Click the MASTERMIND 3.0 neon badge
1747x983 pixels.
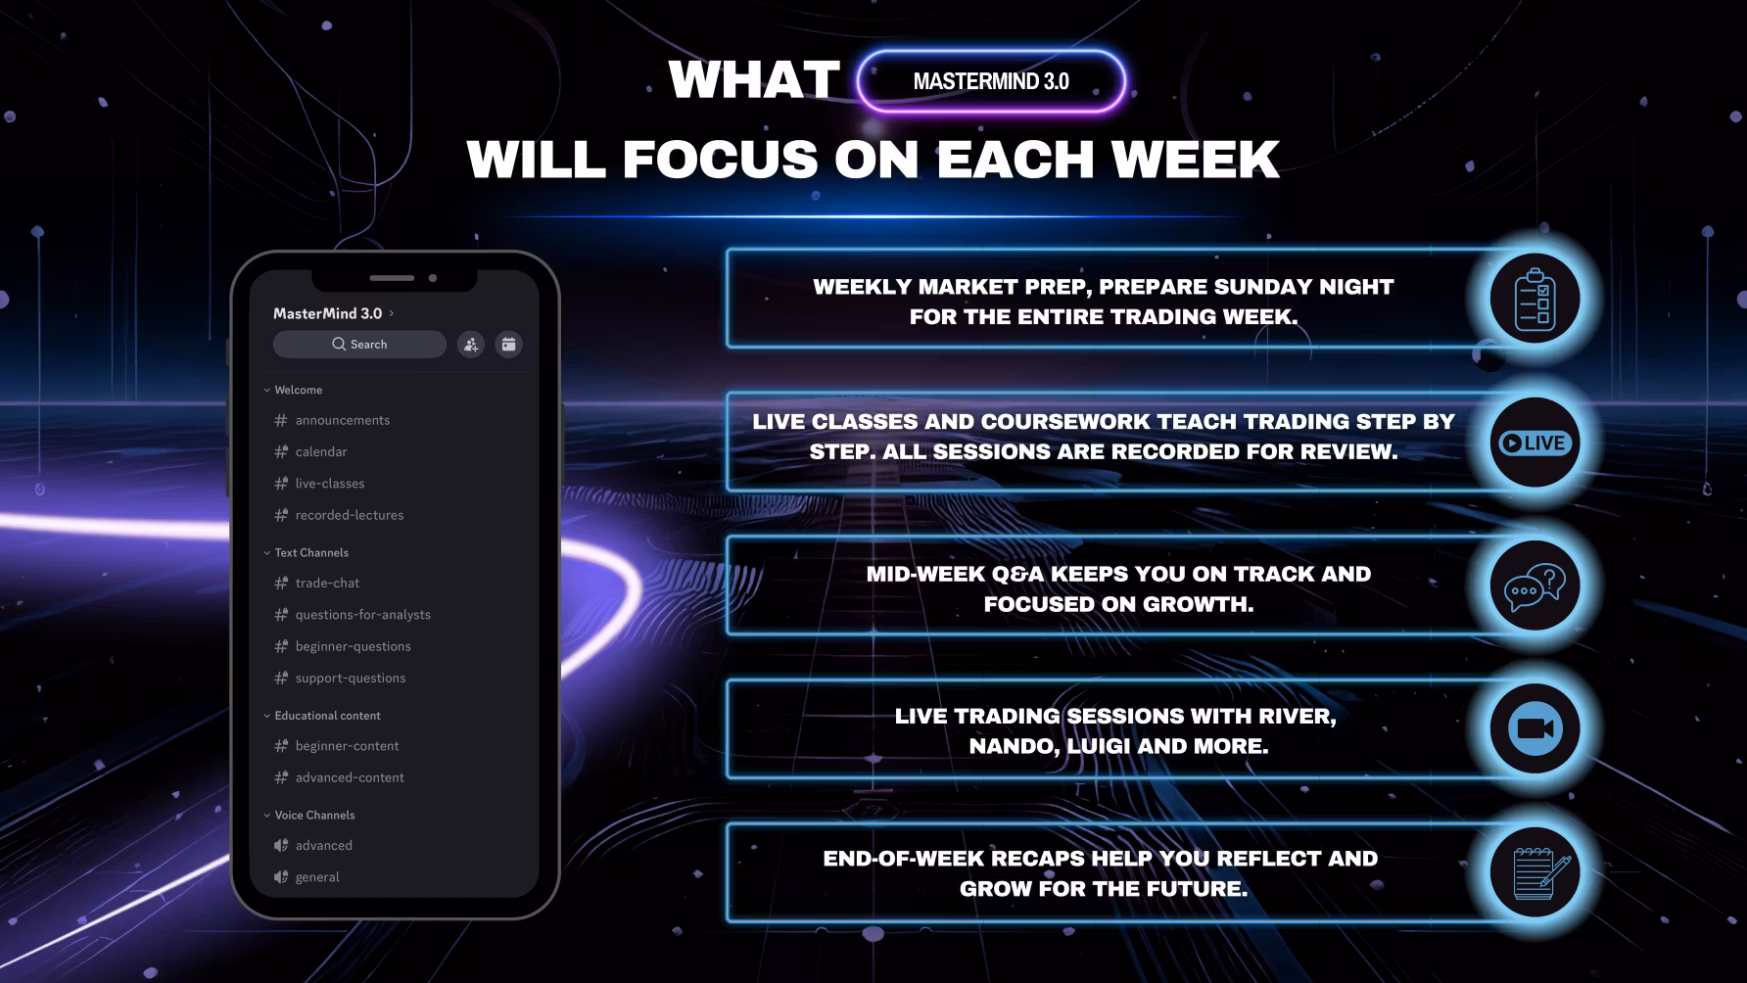pos(991,81)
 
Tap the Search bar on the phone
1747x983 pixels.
pos(359,344)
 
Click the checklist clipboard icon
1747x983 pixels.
pos(1535,299)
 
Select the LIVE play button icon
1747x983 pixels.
pos(1535,443)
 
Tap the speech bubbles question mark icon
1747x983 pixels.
pos(1535,585)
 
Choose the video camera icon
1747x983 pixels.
pos(1535,728)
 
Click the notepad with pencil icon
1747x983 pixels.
pos(1535,871)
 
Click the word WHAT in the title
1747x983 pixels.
pos(754,79)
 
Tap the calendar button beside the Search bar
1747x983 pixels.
pos(508,344)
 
